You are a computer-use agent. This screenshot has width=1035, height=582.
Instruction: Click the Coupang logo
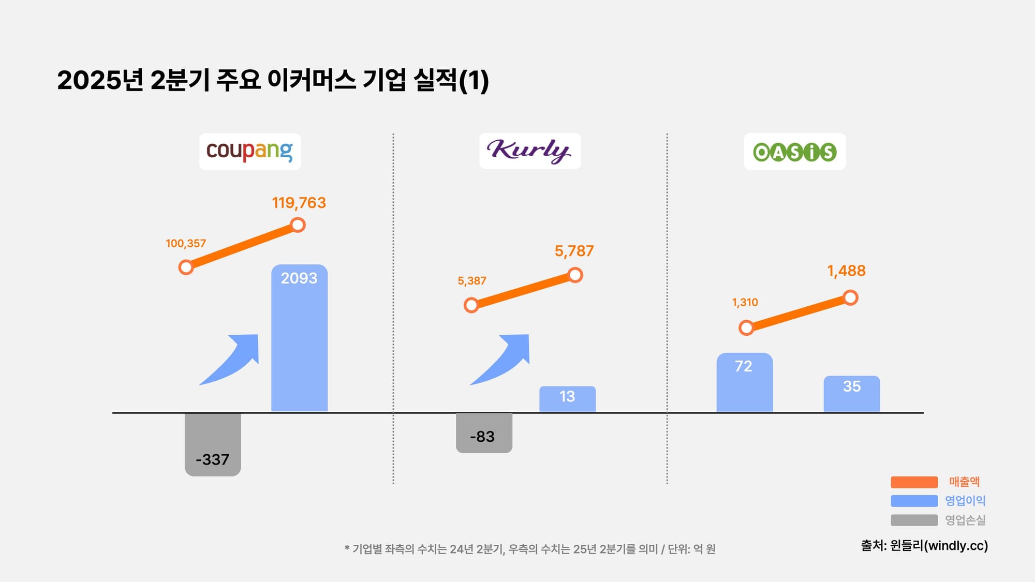[x=250, y=151]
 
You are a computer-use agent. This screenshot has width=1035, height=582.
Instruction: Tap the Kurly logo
[x=529, y=151]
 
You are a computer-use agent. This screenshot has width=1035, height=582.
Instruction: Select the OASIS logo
[x=794, y=152]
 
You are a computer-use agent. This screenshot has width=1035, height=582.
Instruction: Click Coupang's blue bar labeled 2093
[x=299, y=339]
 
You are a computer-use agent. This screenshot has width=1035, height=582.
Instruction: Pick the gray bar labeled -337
[x=213, y=444]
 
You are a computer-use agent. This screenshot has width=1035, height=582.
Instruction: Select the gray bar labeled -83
[x=484, y=432]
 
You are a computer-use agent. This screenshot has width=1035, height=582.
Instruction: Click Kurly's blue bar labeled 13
[x=567, y=399]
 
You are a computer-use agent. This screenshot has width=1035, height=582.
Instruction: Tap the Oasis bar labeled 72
[x=744, y=383]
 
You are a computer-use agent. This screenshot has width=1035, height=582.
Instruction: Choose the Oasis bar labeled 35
[x=851, y=394]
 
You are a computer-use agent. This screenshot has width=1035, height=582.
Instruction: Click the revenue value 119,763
[x=299, y=203]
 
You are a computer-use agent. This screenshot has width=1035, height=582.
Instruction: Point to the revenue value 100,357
[x=186, y=243]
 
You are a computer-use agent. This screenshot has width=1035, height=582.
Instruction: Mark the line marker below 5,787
[x=575, y=275]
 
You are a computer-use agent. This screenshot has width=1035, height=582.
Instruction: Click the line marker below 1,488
[x=850, y=297]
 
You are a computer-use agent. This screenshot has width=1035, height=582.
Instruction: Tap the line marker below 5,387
[x=471, y=305]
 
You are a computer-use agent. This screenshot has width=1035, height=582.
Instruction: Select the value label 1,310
[x=745, y=302]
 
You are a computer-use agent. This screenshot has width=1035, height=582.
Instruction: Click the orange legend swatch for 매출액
[x=914, y=482]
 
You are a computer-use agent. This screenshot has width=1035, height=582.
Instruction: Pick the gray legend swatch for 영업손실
[x=914, y=520]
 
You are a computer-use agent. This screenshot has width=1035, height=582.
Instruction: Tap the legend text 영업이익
[x=965, y=501]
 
